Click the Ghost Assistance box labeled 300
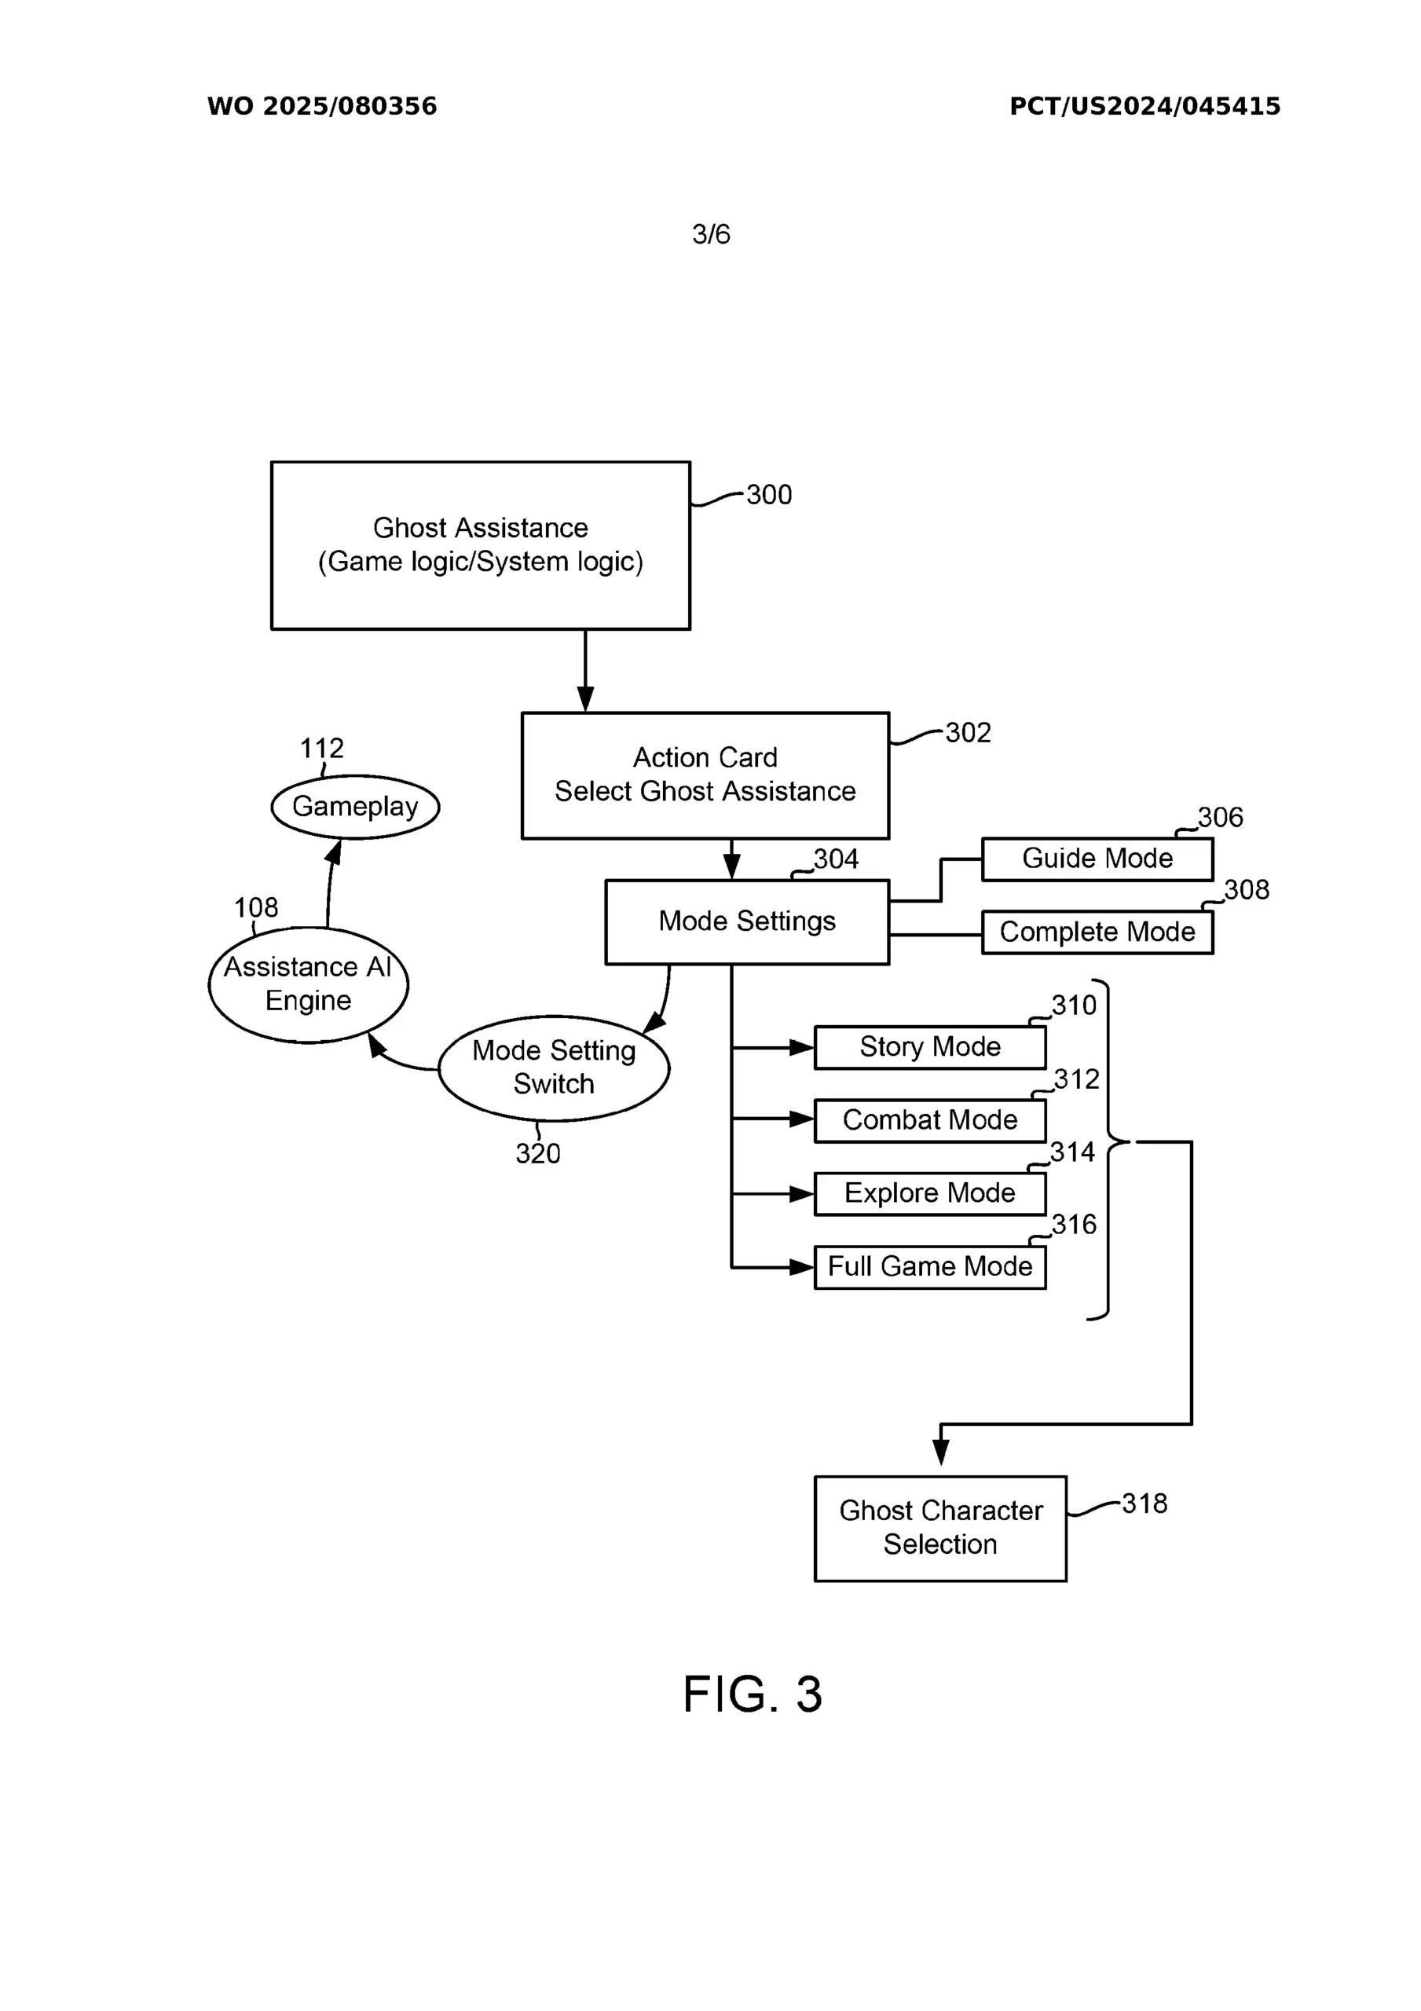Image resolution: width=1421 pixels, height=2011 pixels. pyautogui.click(x=480, y=545)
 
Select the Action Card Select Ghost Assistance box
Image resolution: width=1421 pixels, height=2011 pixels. pyautogui.click(x=705, y=775)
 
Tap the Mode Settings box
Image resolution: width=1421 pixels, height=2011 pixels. pyautogui.click(x=746, y=921)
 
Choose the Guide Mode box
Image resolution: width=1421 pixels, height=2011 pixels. pyautogui.click(x=1097, y=859)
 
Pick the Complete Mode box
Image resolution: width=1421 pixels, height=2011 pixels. pyautogui.click(x=1097, y=932)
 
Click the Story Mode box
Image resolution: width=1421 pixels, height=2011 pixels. pyautogui.click(x=929, y=1046)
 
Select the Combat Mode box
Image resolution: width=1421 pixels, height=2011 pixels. pyautogui.click(x=929, y=1120)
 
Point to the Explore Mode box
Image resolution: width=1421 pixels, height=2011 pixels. pyautogui.click(x=929, y=1193)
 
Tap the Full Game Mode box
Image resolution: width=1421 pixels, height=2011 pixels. pyautogui.click(x=929, y=1266)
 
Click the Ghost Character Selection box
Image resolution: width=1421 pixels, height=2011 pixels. pyautogui.click(x=940, y=1528)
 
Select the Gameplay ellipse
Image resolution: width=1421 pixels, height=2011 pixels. pyautogui.click(x=355, y=807)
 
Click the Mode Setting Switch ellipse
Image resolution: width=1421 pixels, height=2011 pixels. pyautogui.click(x=554, y=1067)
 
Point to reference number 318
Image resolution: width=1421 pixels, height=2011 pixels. pyautogui.click(x=1144, y=1504)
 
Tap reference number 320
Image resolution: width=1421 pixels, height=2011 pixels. pyautogui.click(x=538, y=1153)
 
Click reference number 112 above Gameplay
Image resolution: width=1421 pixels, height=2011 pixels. pyautogui.click(x=321, y=748)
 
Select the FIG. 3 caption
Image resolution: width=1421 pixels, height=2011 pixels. pyautogui.click(x=752, y=1694)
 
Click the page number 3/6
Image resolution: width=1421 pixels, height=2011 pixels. pyautogui.click(x=710, y=234)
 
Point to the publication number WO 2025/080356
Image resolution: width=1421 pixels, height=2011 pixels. pyautogui.click(x=321, y=106)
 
